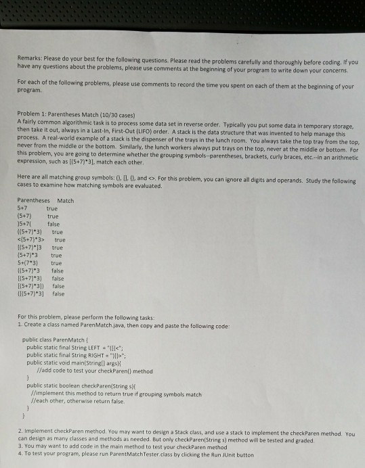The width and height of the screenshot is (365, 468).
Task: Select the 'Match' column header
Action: click(66, 201)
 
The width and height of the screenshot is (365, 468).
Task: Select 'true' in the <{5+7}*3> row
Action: click(60, 239)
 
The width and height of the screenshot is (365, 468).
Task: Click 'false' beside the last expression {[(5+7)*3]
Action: click(58, 294)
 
